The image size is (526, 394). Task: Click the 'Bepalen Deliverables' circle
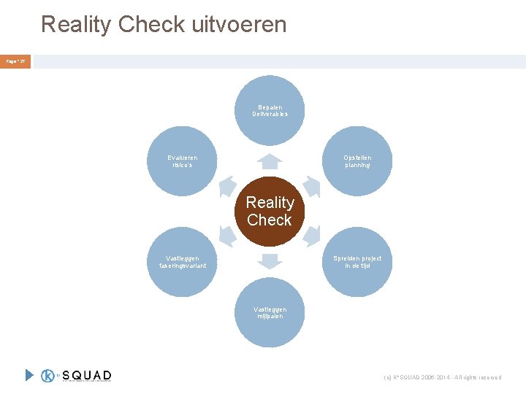point(270,111)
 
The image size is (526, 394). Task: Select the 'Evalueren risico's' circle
point(182,161)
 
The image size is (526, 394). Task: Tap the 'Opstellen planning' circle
point(357,161)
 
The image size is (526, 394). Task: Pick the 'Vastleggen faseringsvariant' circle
point(182,262)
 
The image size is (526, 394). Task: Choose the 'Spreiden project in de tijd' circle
point(357,262)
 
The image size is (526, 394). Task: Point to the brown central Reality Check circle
point(270,212)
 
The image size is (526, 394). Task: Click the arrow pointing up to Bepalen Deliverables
point(270,161)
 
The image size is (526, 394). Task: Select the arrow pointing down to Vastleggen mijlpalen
point(270,261)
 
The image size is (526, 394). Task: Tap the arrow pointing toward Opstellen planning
point(312,187)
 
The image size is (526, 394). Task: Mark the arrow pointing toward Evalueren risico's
point(227,187)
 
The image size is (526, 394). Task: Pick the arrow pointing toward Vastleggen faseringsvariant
point(227,236)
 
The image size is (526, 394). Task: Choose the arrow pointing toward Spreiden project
point(312,236)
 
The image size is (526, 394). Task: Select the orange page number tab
point(16,62)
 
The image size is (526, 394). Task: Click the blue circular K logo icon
point(49,376)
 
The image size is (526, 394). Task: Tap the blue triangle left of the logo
point(29,376)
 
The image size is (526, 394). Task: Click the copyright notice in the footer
point(443,377)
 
